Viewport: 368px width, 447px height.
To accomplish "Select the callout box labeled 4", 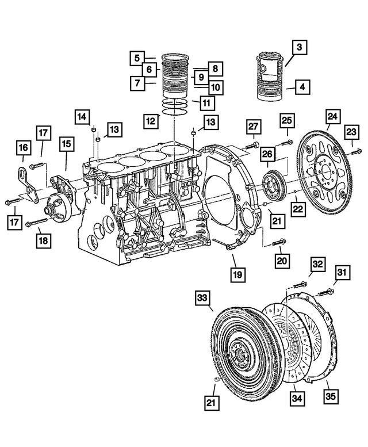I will click(x=302, y=89).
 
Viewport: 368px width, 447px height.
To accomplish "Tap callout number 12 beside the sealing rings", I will click(x=151, y=121).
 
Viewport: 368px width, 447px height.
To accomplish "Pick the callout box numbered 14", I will click(x=82, y=117).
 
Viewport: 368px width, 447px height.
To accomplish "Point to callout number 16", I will click(x=23, y=150).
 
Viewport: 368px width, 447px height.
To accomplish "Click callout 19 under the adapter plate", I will click(x=236, y=274).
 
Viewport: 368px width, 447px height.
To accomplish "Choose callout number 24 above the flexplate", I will click(x=332, y=117).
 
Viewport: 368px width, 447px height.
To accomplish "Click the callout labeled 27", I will click(x=255, y=125).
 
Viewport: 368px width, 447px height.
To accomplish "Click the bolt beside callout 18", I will click(x=36, y=221).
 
